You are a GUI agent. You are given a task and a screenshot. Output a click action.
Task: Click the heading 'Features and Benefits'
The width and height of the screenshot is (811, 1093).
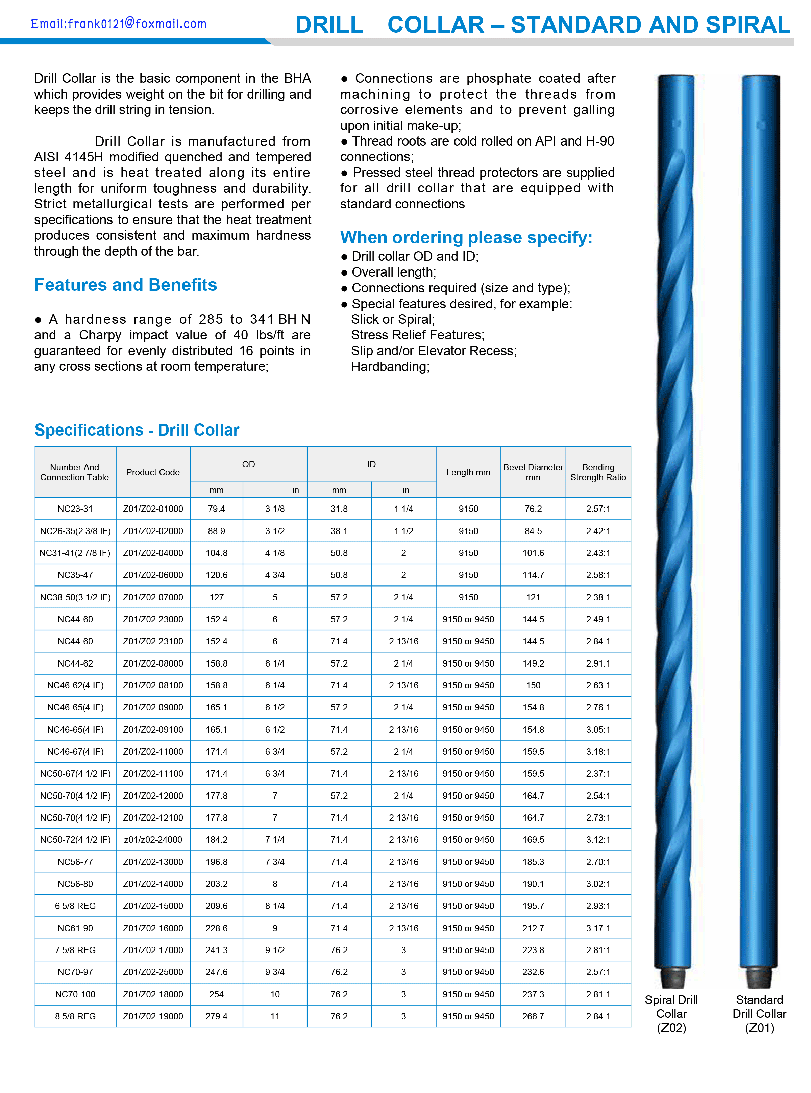(126, 285)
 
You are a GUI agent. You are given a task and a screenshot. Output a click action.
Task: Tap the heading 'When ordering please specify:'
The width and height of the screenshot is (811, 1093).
(466, 237)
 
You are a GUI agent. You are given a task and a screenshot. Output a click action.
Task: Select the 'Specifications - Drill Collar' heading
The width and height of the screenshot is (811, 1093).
(137, 430)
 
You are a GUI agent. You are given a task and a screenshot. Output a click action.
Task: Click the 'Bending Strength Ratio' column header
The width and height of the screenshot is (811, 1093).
(597, 472)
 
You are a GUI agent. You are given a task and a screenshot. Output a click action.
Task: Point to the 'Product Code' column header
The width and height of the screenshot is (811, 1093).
(153, 472)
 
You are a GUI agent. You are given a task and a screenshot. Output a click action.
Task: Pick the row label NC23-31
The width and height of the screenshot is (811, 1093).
(75, 509)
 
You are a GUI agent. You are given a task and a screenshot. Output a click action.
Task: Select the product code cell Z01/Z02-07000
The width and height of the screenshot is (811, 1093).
(153, 597)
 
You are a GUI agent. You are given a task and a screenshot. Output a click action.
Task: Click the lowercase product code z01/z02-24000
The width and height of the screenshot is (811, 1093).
(153, 839)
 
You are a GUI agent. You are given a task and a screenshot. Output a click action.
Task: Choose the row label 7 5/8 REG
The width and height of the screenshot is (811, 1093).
(75, 950)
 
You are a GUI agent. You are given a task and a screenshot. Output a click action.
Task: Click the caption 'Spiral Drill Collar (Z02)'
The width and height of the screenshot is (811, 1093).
(671, 1014)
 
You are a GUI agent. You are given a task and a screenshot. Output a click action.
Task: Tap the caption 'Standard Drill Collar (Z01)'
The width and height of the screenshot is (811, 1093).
(759, 1014)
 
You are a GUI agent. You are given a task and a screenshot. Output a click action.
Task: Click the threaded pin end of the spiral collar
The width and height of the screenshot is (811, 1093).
(672, 978)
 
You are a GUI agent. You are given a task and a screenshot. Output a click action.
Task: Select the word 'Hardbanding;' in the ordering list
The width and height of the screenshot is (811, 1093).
(390, 366)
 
